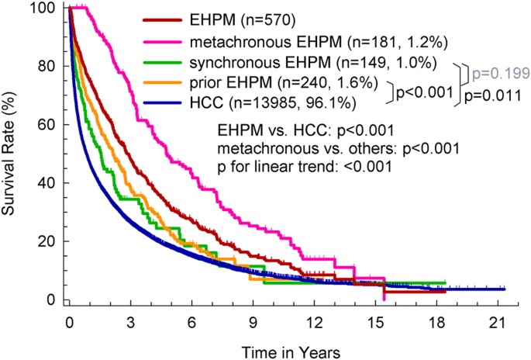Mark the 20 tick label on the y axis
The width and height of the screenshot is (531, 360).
pos(50,241)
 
